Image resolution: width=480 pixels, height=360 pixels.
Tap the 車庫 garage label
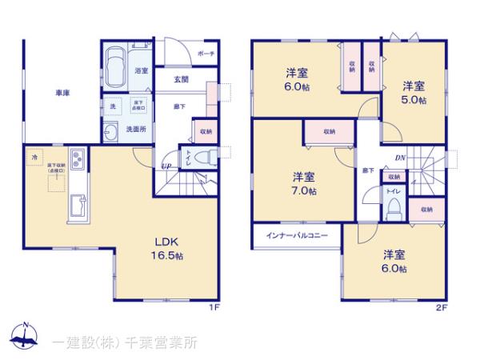click(62, 94)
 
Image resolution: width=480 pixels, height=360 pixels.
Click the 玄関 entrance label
click(181, 79)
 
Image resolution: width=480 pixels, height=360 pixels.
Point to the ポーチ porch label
click(206, 54)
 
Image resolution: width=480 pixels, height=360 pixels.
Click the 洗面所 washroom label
click(137, 130)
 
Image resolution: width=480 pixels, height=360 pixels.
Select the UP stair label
click(166, 166)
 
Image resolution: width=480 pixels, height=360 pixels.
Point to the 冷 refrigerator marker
click(34, 158)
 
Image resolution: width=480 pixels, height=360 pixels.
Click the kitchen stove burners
click(77, 158)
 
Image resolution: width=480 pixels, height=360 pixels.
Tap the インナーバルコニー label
click(298, 235)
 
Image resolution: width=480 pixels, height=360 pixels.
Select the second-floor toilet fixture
click(393, 207)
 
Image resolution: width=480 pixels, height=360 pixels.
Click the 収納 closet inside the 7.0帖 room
click(329, 131)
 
